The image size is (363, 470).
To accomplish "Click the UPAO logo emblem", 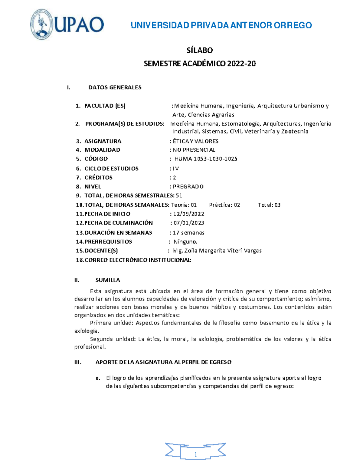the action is click(x=42, y=25).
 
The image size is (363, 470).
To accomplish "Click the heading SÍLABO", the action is click(x=199, y=50).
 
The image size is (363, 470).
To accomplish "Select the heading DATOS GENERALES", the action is click(x=115, y=87).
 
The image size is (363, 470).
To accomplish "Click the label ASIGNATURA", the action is click(x=103, y=141).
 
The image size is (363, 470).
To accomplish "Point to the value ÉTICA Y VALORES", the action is click(x=195, y=141).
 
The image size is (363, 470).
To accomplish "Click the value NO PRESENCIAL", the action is click(x=194, y=150).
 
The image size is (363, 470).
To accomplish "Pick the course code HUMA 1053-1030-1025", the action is click(x=206, y=159).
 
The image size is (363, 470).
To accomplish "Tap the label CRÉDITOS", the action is click(x=98, y=178).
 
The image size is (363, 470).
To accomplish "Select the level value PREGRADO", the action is click(x=188, y=187).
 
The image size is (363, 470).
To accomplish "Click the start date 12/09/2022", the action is click(x=189, y=214).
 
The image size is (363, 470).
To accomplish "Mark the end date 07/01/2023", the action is click(x=189, y=223).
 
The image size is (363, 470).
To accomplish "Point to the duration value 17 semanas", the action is click(x=188, y=233).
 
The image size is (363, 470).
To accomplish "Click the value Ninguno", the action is click(x=185, y=242).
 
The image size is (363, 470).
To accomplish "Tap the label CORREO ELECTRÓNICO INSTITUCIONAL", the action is click(x=138, y=260).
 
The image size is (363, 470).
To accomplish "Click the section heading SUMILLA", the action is click(x=108, y=280).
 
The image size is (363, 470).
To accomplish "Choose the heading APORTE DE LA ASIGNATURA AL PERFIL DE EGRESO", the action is click(x=163, y=362).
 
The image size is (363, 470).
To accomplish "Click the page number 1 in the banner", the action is click(x=195, y=455).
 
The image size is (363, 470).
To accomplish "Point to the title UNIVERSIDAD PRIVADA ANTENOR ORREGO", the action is click(x=221, y=25).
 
